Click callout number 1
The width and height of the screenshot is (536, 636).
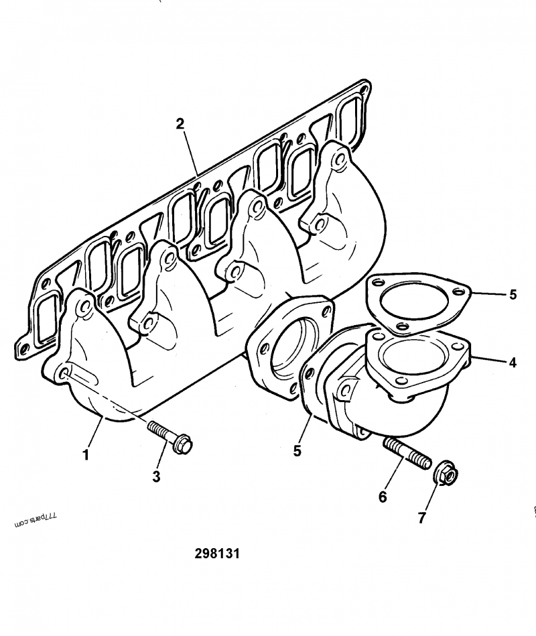click(86, 454)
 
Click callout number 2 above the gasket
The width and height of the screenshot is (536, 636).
click(180, 123)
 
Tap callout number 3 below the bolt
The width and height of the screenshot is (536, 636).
click(156, 476)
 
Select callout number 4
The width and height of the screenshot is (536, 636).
click(513, 363)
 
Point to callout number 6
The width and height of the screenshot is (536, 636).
click(383, 497)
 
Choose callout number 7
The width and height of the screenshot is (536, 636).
click(421, 517)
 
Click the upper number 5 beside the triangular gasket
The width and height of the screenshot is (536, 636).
click(513, 294)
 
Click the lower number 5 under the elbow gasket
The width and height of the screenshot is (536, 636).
click(297, 451)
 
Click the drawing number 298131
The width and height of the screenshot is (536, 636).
click(217, 554)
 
